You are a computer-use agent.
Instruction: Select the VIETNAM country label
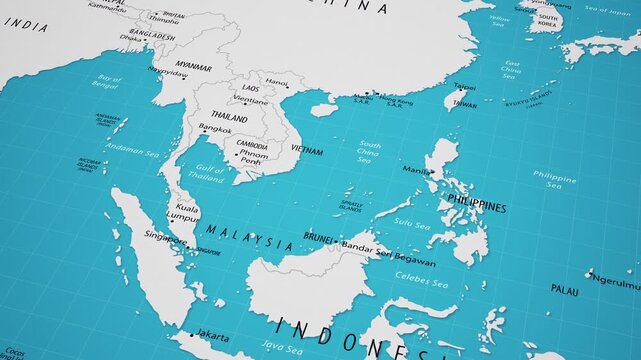point(306,151)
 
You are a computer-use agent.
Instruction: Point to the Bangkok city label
point(215,129)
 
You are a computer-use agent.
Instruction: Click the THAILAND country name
point(229,117)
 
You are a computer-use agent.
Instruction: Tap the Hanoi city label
point(277,82)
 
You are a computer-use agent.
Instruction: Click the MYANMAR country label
point(193,67)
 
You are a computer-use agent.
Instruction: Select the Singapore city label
point(165,237)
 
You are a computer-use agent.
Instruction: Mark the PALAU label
point(564,289)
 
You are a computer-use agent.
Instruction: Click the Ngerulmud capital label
point(615,281)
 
